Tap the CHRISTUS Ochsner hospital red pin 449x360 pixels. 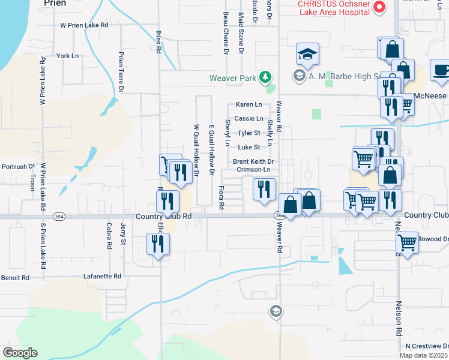379,7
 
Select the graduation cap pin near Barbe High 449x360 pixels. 307,56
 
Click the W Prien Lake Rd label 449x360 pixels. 84,25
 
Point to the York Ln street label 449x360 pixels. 67,56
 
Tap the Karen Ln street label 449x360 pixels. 249,104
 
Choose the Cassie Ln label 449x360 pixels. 249,119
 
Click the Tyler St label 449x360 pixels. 249,133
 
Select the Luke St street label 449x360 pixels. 249,147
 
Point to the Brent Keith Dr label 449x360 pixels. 253,162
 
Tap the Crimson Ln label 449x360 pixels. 253,170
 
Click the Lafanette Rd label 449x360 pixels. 101,277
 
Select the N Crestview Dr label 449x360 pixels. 426,346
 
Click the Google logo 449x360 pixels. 20,353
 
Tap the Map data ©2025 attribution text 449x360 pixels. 423,355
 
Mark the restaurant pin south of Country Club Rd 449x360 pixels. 158,244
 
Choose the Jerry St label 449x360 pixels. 124,234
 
